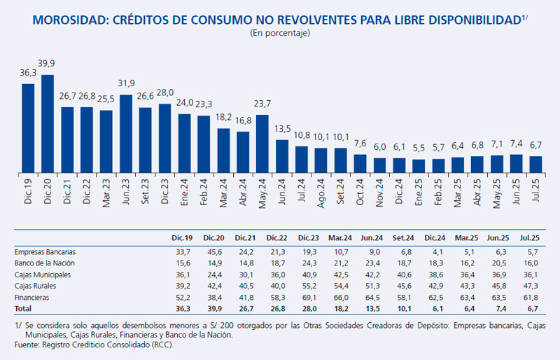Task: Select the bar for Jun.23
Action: tap(126, 134)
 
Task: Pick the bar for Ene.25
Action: tap(419, 166)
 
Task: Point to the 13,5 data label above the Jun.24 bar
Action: tap(282, 130)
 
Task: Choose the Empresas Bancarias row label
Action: tap(45, 251)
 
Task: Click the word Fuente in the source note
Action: tap(27, 345)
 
